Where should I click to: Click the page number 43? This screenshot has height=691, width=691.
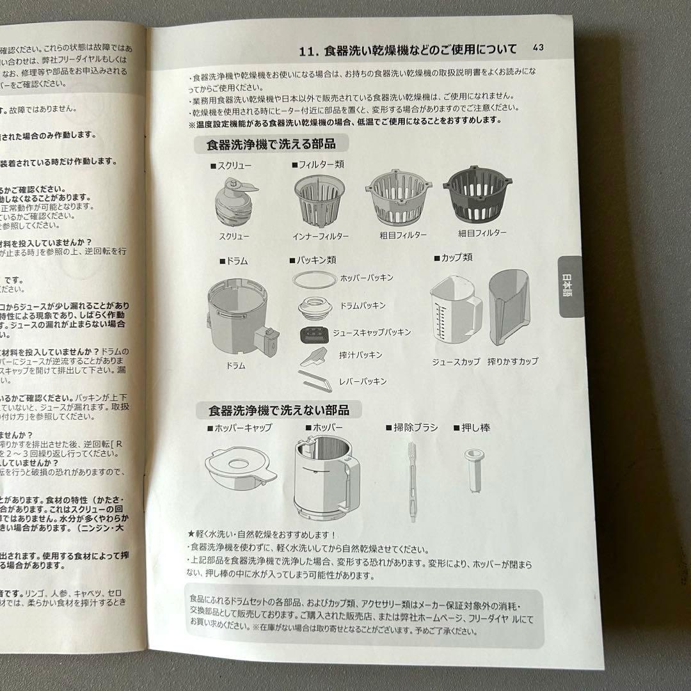click(538, 48)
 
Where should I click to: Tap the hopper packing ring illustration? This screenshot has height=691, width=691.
click(314, 280)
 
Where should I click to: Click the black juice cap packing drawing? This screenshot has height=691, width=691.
click(314, 333)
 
